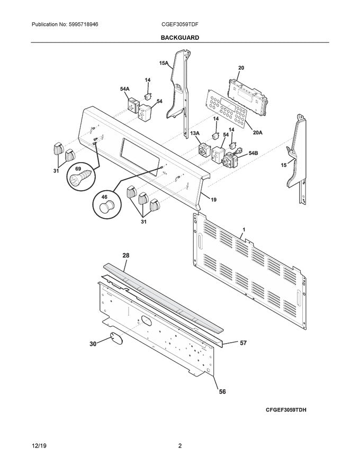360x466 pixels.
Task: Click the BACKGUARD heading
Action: coord(180,38)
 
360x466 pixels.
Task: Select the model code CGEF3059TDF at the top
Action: coord(180,24)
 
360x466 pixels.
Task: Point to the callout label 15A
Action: coord(164,64)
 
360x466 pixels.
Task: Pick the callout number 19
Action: coord(214,200)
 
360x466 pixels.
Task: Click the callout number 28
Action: coord(126,255)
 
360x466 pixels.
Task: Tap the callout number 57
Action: coord(243,343)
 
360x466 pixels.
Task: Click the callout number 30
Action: coord(93,344)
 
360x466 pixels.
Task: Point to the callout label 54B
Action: coord(253,153)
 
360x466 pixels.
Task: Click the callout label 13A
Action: coord(195,133)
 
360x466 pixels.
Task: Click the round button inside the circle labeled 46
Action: coord(107,205)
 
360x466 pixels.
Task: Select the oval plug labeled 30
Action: coord(116,337)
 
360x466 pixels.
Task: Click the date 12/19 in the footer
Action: coord(39,446)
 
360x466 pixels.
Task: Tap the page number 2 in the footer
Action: coord(180,446)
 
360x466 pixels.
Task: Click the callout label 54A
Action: coord(125,90)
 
